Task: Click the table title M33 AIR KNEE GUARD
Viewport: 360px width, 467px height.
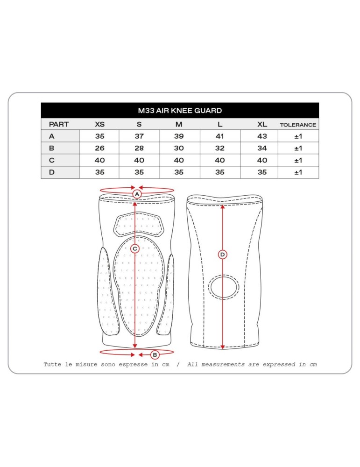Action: pos(180,111)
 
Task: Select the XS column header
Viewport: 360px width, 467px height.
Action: pos(100,125)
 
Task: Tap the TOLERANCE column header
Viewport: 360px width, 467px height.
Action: pos(298,125)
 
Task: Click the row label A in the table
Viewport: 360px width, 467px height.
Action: pos(51,136)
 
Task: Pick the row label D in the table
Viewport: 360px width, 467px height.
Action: pos(51,172)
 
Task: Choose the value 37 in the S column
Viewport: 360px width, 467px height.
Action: pos(139,136)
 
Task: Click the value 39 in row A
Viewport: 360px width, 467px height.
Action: pos(179,136)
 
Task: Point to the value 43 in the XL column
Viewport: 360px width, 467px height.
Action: pos(262,136)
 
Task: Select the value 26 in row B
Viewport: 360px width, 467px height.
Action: pos(100,149)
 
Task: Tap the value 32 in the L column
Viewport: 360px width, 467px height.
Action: pos(220,149)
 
